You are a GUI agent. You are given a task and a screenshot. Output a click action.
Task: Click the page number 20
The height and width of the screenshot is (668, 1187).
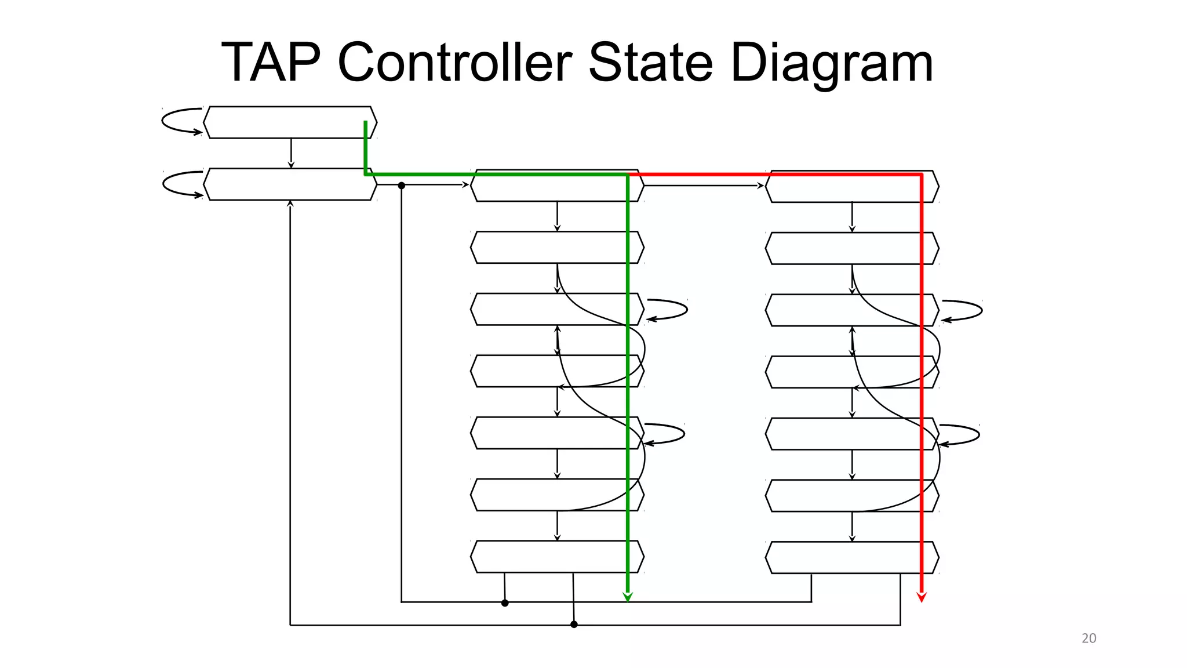pos(1088,638)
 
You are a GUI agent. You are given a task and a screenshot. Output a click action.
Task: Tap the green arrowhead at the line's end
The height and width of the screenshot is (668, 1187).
pos(628,597)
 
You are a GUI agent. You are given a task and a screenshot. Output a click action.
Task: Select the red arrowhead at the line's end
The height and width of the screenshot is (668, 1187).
pos(922,597)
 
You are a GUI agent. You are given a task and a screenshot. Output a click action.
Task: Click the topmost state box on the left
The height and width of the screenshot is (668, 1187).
pos(290,122)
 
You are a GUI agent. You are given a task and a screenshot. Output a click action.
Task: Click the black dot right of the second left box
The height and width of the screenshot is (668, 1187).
pos(401,186)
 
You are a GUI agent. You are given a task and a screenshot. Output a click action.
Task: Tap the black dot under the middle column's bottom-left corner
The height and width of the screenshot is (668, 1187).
pos(505,603)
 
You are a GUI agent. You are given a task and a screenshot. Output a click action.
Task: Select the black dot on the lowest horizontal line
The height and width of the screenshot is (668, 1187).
pos(574,625)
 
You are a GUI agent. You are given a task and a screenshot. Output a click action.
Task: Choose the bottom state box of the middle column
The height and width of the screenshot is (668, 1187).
pos(556,557)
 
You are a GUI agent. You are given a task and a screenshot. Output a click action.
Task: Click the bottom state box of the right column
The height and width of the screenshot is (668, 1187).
pos(851,558)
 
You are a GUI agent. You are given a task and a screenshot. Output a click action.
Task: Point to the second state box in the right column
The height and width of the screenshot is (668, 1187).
pos(851,248)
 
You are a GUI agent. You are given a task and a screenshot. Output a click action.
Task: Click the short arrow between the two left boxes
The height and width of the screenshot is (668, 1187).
pos(291,153)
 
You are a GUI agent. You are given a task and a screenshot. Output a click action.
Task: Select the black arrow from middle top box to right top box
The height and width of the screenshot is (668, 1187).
pos(704,186)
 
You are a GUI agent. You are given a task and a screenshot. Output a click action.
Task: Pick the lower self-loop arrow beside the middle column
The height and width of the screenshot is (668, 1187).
pos(665,434)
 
